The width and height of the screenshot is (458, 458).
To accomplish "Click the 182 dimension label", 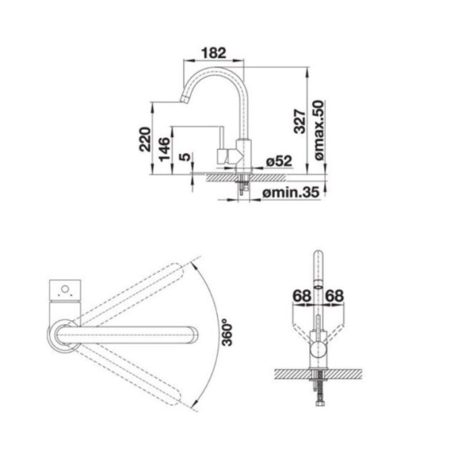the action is coord(214,53).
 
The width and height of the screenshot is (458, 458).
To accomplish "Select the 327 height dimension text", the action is coord(300,121).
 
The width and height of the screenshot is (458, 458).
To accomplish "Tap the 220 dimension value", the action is coord(145,139).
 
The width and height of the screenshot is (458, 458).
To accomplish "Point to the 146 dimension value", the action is coord(164,149).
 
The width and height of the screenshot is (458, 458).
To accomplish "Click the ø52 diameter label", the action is coord(279,161).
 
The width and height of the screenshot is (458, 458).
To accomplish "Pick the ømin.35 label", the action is coord(291,193).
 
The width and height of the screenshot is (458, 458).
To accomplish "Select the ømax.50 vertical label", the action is coord(319,130).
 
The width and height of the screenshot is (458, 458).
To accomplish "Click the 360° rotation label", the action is coord(227,333).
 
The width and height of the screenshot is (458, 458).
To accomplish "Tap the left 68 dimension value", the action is coord(302,296).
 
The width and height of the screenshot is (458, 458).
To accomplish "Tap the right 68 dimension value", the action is coord(335,296).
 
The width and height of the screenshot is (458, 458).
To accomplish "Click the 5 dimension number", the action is coord(185,157).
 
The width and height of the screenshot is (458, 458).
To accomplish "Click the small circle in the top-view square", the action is coord(65,289).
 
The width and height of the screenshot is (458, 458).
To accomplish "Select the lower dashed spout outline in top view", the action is coord(129,377).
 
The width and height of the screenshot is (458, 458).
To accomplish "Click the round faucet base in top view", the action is coord(63,336).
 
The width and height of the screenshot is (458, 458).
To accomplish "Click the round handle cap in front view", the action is coord(319,350).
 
